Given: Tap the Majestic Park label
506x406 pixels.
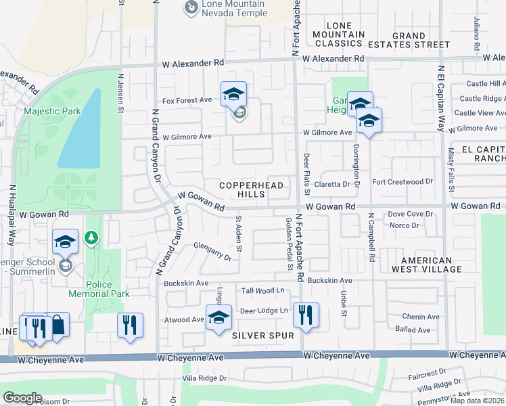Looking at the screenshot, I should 52,111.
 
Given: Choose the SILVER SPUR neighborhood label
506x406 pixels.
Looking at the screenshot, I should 263,336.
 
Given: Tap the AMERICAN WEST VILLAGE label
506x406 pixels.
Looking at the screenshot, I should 426,265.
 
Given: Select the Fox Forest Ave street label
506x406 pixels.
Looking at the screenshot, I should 187,100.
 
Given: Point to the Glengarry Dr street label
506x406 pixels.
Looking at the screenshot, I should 212,251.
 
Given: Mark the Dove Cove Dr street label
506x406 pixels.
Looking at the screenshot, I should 410,214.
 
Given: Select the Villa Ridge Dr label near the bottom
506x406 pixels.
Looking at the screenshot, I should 204,379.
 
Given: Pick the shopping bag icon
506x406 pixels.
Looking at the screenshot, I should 57,325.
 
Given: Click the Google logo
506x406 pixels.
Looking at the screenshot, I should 22,398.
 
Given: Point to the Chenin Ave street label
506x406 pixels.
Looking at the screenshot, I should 422,317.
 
